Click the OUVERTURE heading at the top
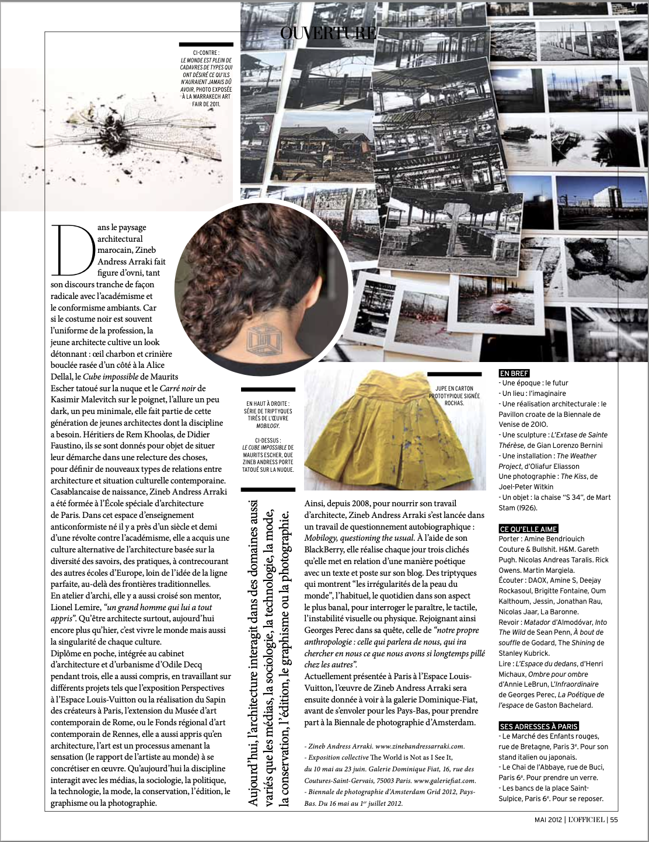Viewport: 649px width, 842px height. [x=328, y=33]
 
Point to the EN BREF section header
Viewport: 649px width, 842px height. [x=514, y=373]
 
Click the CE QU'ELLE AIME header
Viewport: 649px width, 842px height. [x=528, y=528]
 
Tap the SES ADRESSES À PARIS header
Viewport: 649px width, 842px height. [x=538, y=726]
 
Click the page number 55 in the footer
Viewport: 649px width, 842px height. [x=614, y=819]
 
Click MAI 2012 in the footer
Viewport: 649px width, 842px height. [x=548, y=819]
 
